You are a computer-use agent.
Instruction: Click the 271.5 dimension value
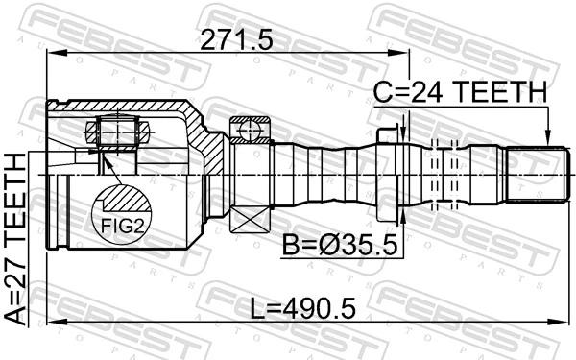236,40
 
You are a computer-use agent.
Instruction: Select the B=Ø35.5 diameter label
340,246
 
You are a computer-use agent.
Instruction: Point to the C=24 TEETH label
460,92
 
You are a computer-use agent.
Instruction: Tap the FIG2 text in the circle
122,226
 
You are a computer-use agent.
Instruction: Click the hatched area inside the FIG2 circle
127,199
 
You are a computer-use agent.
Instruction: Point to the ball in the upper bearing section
249,130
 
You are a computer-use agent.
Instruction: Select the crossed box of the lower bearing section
250,219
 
